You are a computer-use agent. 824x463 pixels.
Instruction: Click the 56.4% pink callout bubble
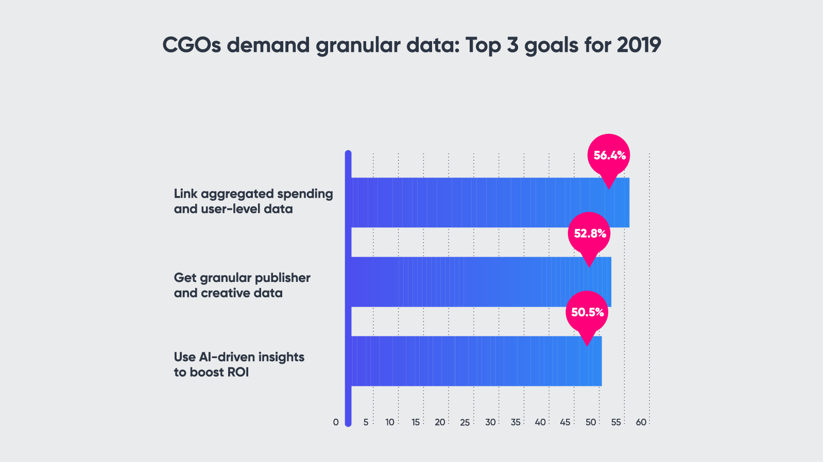[x=609, y=155]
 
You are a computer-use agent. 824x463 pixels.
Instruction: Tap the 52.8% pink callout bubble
[x=590, y=234]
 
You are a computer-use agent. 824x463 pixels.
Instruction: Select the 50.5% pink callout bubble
[x=587, y=312]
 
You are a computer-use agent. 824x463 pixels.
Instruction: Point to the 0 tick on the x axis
[x=336, y=422]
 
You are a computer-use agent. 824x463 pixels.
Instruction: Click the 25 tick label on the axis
[x=465, y=422]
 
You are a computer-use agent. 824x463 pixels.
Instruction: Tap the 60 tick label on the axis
[x=641, y=422]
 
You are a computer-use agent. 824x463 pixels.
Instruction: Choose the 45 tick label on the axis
[x=565, y=422]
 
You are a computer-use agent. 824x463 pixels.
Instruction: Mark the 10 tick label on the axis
[x=390, y=422]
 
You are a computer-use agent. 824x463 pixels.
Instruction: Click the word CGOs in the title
[x=192, y=45]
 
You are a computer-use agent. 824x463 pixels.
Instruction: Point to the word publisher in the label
[x=283, y=278]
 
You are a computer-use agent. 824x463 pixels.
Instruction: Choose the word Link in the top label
[x=185, y=194]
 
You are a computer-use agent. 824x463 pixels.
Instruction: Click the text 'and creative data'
[x=228, y=293]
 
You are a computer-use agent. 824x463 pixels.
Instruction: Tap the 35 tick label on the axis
[x=516, y=422]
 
